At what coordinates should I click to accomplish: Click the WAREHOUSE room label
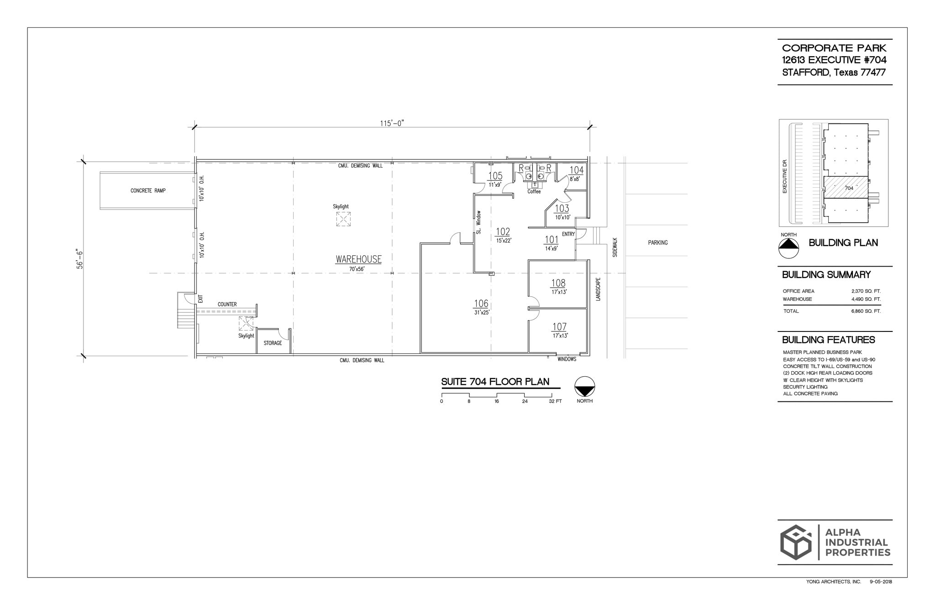[358, 259]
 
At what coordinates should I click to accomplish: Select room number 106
[481, 304]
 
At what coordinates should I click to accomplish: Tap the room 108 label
[558, 283]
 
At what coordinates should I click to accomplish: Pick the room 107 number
[559, 327]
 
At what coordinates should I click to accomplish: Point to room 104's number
[576, 170]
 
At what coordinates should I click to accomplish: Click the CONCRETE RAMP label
[148, 190]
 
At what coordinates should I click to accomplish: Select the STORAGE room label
[273, 343]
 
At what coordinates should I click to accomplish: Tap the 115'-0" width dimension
[392, 123]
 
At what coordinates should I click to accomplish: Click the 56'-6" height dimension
[80, 259]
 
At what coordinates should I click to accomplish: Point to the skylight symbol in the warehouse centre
[343, 219]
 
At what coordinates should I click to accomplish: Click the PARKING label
[657, 242]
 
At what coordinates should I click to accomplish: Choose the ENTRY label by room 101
[568, 234]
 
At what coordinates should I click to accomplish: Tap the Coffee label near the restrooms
[534, 192]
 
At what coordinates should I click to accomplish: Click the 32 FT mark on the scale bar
[555, 401]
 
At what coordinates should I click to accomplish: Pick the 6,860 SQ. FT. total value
[866, 311]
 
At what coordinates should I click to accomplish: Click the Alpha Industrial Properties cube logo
[796, 542]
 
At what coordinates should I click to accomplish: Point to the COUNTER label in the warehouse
[227, 304]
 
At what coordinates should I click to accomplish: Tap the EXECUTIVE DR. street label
[785, 176]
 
